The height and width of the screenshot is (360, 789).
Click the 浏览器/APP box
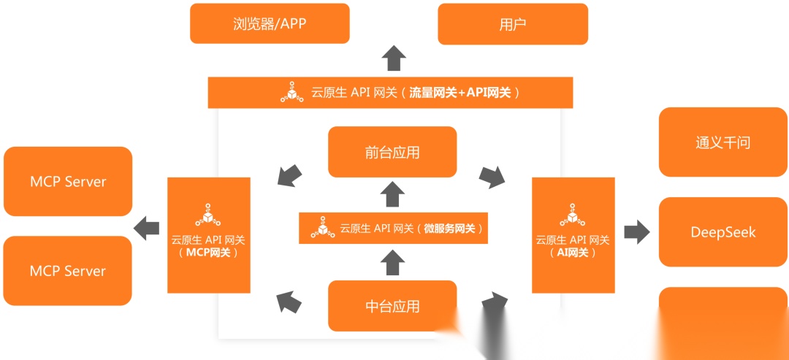[x=270, y=23]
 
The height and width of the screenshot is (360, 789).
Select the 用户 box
[x=512, y=23]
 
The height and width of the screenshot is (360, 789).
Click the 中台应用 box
[x=392, y=305]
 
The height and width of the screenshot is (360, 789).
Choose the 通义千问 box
[x=723, y=142]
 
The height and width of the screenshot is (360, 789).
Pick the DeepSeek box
[x=723, y=232]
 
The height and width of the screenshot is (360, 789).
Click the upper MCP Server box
[x=68, y=181]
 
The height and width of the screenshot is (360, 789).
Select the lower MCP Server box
[x=68, y=270]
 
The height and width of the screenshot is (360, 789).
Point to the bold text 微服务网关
[x=449, y=229]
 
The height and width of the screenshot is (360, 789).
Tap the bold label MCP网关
[x=208, y=253]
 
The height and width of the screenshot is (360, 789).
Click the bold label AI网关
[x=573, y=253]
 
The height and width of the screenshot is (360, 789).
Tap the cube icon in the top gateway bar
[x=292, y=93]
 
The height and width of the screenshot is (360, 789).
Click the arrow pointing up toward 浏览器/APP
[x=394, y=57]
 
